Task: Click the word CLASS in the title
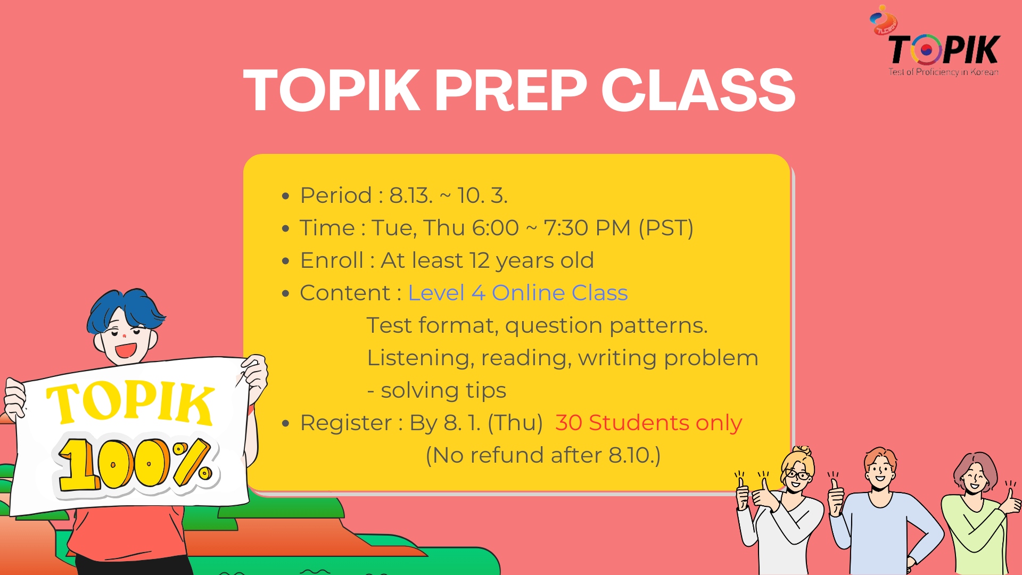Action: [x=698, y=91]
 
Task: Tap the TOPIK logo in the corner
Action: [x=944, y=49]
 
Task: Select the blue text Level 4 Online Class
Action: [x=517, y=293]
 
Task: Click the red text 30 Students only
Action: [x=648, y=423]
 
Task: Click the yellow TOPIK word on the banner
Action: [x=130, y=403]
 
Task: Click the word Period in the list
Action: [x=335, y=195]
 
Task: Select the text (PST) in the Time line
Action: [x=665, y=228]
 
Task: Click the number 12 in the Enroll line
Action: [x=479, y=260]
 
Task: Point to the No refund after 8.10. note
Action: [x=543, y=455]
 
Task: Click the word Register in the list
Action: [x=346, y=423]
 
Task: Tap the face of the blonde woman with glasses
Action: [x=796, y=475]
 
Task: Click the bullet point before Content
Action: [x=286, y=293]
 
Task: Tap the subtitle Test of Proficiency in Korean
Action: [x=943, y=72]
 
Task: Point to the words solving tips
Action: [x=443, y=390]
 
